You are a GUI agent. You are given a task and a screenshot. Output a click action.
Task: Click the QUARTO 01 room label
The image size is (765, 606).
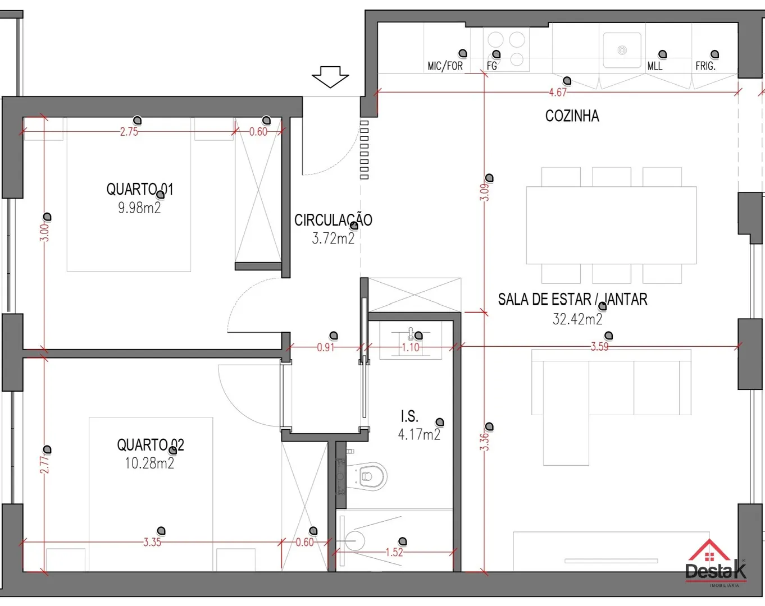(x=140, y=189)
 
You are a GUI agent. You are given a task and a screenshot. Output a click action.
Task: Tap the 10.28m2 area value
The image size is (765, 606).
(x=149, y=463)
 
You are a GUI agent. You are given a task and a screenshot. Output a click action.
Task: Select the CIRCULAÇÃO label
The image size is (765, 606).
(x=333, y=220)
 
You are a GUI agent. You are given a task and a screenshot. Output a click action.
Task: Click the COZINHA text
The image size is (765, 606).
(x=572, y=116)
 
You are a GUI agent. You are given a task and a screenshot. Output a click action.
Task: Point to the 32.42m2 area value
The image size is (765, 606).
(x=577, y=319)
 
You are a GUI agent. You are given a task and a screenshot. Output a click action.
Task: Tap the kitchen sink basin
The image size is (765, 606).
(x=622, y=50)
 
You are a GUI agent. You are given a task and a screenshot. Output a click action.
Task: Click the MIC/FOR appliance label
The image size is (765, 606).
(x=445, y=66)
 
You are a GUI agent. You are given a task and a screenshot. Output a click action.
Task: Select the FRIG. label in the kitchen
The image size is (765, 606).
(x=705, y=66)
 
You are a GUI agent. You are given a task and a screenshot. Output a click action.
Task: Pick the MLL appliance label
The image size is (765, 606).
(x=655, y=66)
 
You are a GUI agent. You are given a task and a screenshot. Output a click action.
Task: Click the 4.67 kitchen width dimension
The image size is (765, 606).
(x=558, y=93)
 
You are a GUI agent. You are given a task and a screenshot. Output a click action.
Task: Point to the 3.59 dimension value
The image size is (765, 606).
(x=599, y=346)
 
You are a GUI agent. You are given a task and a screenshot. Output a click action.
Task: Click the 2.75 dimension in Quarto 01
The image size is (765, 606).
(x=129, y=132)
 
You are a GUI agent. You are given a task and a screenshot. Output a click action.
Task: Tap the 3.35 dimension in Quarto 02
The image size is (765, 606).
(x=152, y=543)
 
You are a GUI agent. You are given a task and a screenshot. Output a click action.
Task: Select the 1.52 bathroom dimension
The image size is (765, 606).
(x=394, y=552)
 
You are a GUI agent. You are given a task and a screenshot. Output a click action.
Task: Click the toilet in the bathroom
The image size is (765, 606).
(x=367, y=476)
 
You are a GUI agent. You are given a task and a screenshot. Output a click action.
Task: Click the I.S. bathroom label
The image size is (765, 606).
(x=409, y=416)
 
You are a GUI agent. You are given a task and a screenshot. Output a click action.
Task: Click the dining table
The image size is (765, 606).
(x=611, y=225)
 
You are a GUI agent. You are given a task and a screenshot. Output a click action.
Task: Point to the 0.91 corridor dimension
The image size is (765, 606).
(x=325, y=347)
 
